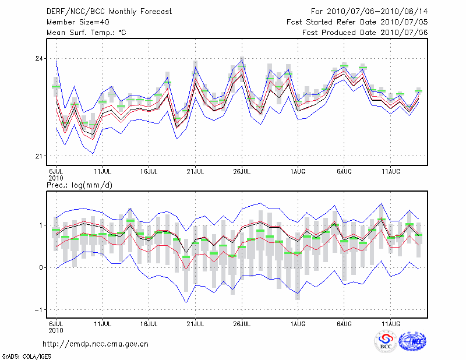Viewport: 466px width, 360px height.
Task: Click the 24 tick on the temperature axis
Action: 39,58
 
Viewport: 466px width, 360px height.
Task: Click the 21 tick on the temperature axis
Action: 39,156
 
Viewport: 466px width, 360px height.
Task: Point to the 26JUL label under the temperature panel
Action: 242,171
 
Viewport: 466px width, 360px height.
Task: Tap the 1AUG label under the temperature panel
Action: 298,171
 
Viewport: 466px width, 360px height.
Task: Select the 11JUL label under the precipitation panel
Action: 103,321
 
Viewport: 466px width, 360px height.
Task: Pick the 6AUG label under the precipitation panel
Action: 344,321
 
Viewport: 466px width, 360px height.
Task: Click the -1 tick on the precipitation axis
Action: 40,310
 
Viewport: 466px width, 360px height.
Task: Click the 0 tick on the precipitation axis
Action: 41,267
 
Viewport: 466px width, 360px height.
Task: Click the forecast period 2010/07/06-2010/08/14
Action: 369,11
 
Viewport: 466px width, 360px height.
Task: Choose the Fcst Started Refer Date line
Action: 357,22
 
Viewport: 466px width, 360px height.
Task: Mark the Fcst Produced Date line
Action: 365,32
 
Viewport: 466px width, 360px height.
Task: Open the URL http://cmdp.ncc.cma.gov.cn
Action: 96,344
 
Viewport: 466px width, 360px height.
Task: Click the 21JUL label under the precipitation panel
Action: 195,321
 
